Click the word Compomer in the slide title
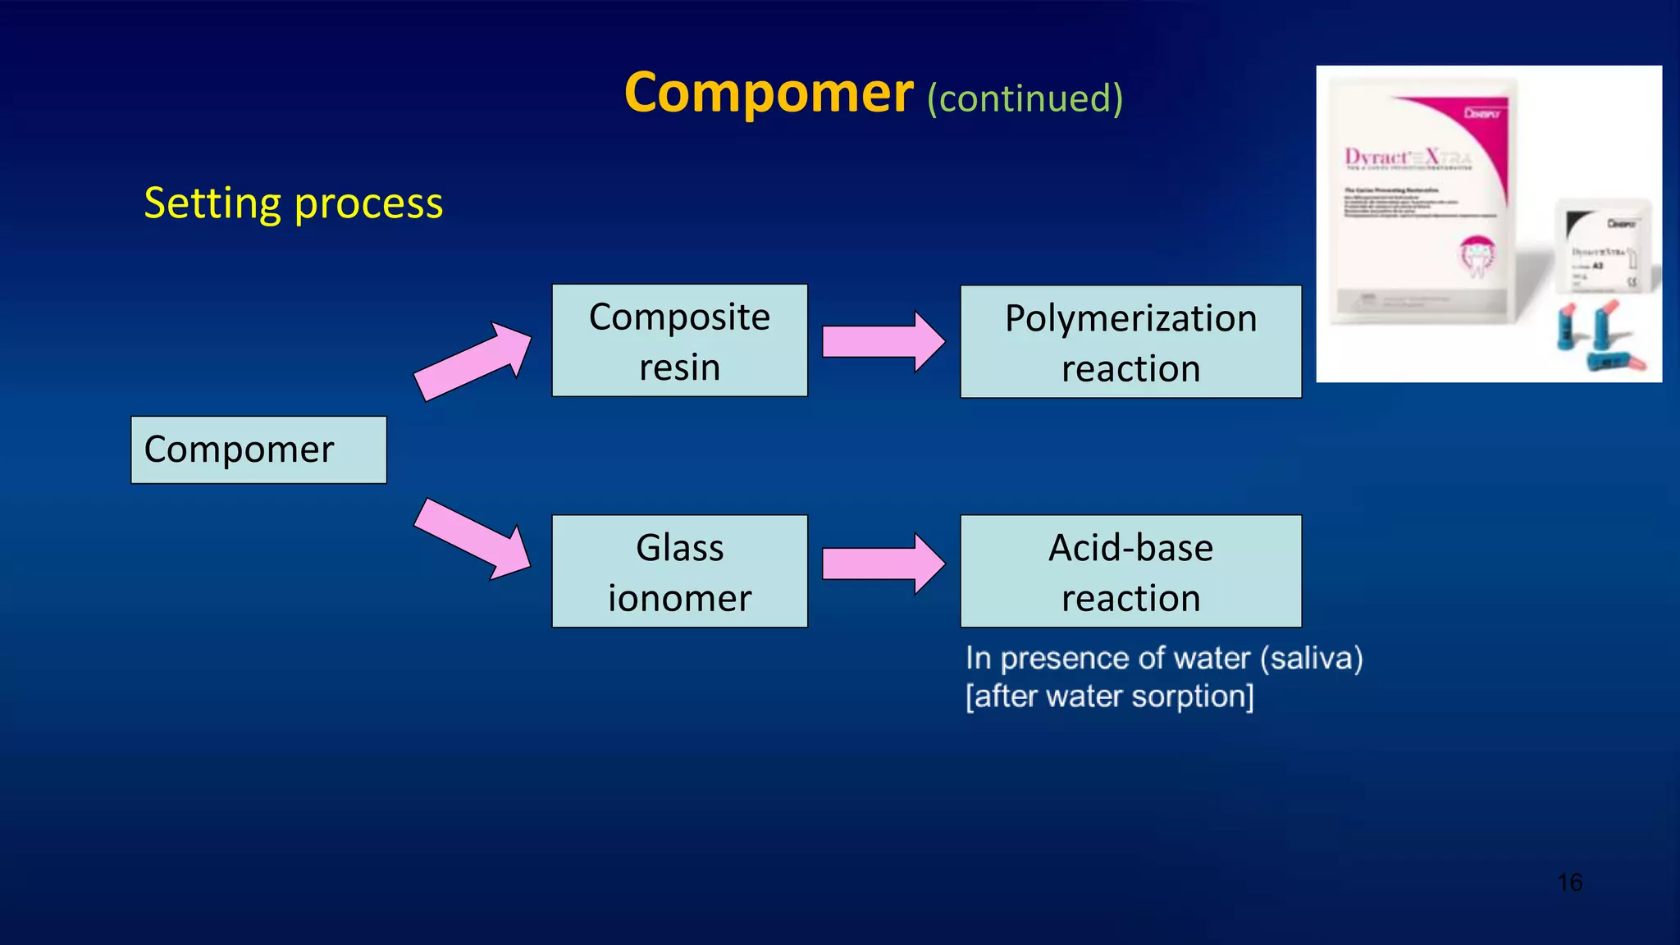768,93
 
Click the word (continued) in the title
1025,98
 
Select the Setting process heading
293,203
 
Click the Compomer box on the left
258,450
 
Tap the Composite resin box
679,340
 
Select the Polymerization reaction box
1130,342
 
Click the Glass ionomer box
679,572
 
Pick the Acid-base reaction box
1130,572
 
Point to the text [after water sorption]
1109,696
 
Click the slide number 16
1569,883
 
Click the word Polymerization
1130,318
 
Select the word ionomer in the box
679,598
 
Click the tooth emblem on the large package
1477,254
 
